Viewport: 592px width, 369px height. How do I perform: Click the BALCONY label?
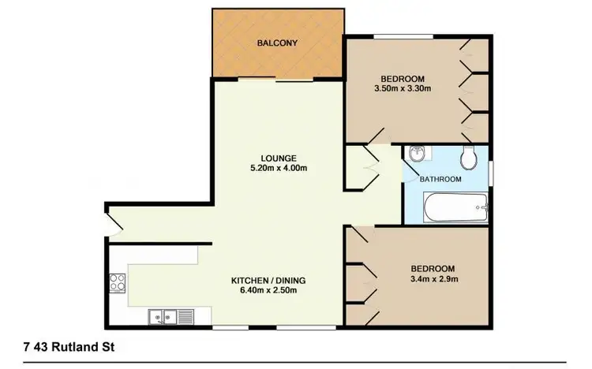(x=277, y=43)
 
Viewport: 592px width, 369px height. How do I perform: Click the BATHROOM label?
(x=440, y=179)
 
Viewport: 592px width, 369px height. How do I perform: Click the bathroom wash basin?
(x=416, y=154)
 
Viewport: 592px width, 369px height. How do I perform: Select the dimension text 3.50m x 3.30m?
(x=403, y=89)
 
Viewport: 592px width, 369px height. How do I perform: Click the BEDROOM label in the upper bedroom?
(x=403, y=79)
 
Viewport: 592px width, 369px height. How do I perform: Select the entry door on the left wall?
(x=115, y=224)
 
